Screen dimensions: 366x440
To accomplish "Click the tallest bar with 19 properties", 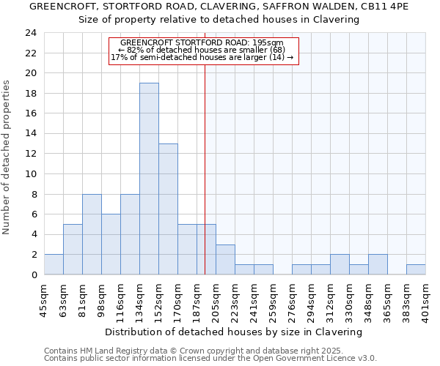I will click(149, 179).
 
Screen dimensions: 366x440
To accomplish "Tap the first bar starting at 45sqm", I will click(54, 264).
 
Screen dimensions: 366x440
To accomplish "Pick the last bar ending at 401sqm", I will click(416, 269).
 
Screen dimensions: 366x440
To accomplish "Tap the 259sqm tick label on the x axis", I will click(274, 299).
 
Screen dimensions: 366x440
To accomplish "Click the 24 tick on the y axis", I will click(31, 33).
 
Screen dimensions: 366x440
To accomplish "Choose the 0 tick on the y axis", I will click(34, 274).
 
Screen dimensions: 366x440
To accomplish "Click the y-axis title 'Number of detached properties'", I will click(8, 157).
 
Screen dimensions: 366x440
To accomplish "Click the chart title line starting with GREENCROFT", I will click(219, 7).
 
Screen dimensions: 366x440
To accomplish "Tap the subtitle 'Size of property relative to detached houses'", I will click(219, 20).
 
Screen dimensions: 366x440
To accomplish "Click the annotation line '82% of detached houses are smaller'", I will click(202, 50).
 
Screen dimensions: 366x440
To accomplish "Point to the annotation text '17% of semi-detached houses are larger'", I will click(202, 57).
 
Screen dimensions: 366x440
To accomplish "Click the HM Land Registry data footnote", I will click(194, 351).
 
